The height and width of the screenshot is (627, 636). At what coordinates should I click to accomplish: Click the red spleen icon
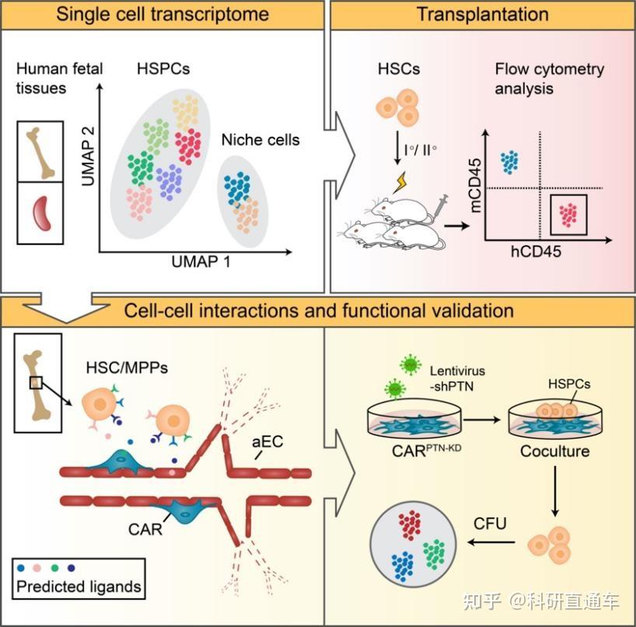(x=42, y=213)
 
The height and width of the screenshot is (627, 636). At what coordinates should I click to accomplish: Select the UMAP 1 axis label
(x=201, y=261)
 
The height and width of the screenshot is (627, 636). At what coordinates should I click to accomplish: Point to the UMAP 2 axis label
(x=88, y=156)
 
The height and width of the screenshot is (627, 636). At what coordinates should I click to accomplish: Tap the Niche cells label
(x=260, y=140)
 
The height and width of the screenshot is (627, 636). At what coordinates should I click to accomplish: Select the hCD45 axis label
(x=536, y=251)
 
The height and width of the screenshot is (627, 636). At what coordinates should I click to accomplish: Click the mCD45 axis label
(x=475, y=185)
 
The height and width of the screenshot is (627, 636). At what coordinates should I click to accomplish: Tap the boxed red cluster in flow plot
(x=568, y=215)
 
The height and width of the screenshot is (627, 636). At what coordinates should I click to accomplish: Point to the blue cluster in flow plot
(x=509, y=162)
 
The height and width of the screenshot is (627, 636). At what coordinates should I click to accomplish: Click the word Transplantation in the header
(x=483, y=14)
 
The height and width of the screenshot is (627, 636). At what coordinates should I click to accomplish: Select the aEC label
(x=267, y=442)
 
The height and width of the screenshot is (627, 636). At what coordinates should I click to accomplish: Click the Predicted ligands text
(x=79, y=587)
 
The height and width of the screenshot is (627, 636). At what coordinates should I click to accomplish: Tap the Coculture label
(x=555, y=451)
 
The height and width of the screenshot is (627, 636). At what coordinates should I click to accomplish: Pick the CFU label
(x=490, y=524)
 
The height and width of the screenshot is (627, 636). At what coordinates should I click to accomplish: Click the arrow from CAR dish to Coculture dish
(x=482, y=420)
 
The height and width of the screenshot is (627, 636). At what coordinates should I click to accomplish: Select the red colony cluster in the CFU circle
(x=409, y=525)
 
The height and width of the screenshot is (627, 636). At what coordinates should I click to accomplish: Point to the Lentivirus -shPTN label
(x=457, y=378)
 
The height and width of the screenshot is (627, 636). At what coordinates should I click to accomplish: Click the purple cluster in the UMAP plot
(x=169, y=182)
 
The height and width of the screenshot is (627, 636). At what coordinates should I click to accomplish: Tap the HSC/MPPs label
(x=127, y=368)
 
